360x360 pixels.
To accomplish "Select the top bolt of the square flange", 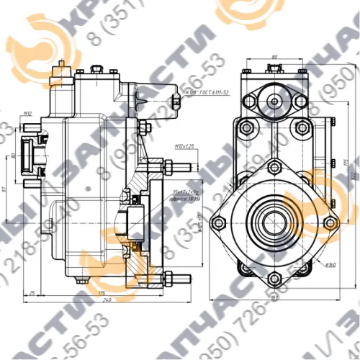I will (274, 168).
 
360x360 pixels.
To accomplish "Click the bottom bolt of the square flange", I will (274, 277).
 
